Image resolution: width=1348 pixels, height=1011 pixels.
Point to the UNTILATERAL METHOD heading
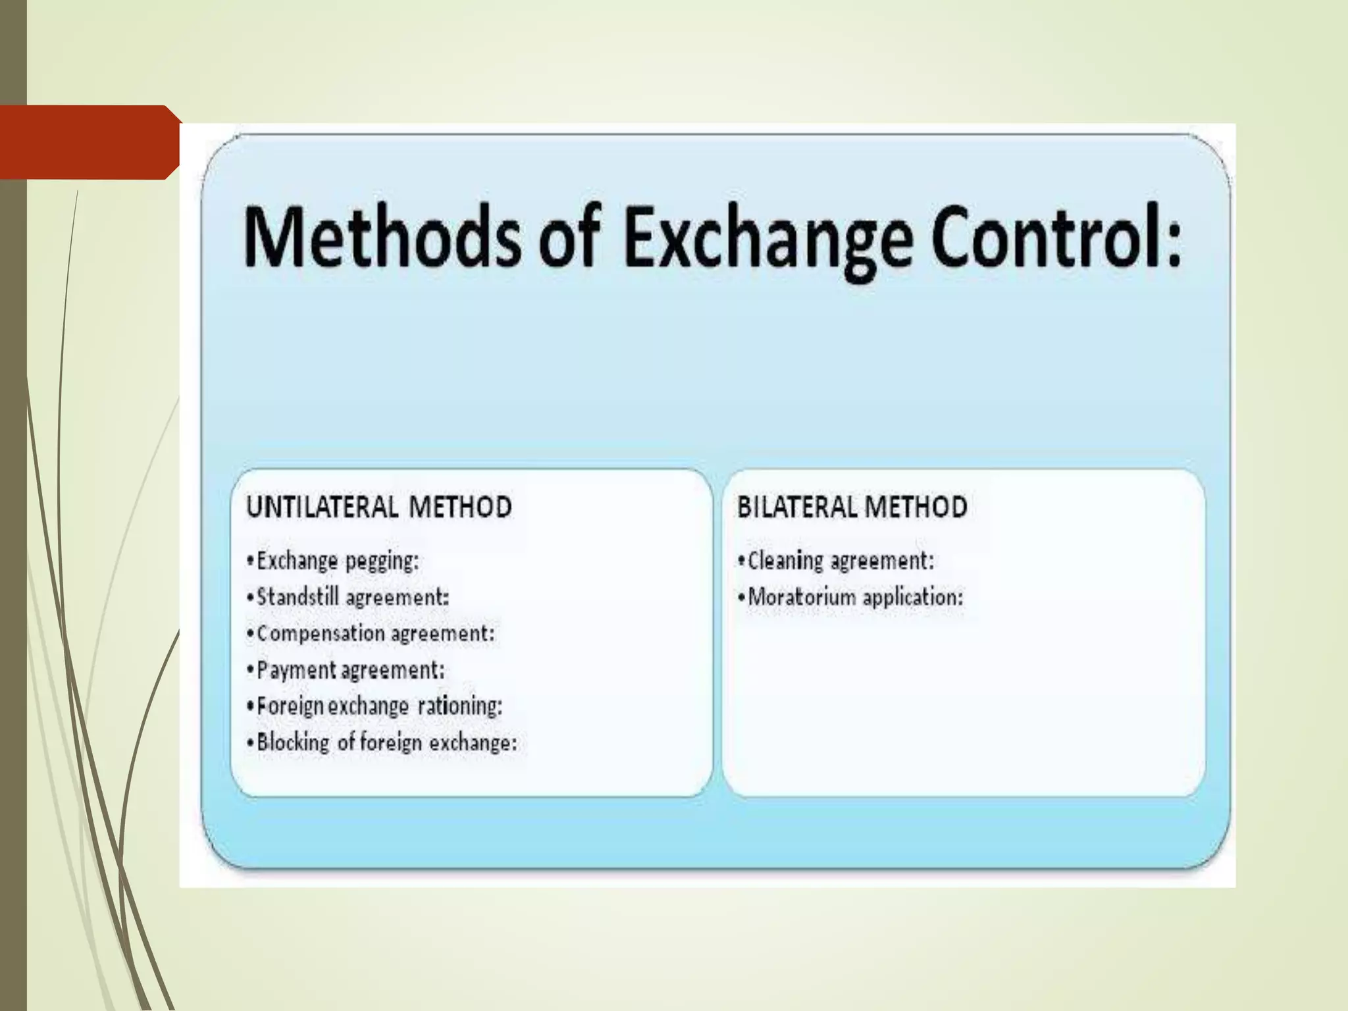coord(379,507)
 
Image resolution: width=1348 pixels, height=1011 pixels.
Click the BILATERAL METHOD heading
coord(852,507)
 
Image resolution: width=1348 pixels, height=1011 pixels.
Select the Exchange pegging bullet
coord(332,561)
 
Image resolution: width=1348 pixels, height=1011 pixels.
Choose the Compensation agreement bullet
coord(370,634)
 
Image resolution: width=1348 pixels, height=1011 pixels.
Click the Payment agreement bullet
coord(346,670)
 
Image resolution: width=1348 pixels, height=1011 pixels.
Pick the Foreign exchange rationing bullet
coord(375,706)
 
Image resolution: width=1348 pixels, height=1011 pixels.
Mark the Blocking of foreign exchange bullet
coord(382,742)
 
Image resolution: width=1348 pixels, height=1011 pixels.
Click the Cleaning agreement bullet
coord(836,561)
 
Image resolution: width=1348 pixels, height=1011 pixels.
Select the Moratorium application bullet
coord(850,598)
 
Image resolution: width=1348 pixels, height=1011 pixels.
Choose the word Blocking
coord(293,742)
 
